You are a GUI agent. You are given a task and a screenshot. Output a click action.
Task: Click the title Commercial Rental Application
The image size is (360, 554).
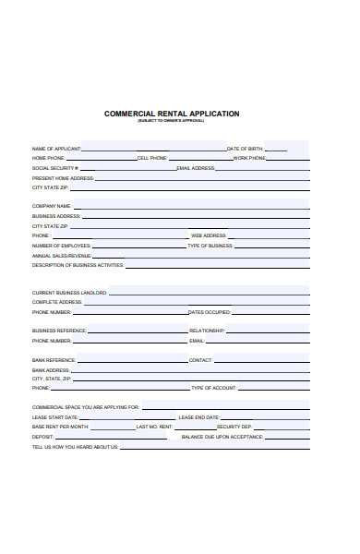click(x=172, y=114)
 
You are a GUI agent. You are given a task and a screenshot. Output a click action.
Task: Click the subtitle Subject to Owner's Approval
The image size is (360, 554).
click(x=172, y=121)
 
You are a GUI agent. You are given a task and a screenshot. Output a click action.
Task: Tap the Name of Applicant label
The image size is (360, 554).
click(x=56, y=149)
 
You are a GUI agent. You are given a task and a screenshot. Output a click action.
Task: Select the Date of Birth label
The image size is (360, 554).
click(x=245, y=149)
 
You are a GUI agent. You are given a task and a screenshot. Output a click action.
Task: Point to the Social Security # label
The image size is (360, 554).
click(x=55, y=168)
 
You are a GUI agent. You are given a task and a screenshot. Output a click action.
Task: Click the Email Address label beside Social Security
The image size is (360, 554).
click(x=196, y=168)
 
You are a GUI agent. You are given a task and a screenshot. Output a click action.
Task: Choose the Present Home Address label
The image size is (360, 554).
click(x=63, y=178)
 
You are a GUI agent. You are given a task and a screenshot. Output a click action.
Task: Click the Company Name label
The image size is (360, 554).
click(x=52, y=206)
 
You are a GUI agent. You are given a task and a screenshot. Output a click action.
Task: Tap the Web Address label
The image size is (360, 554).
click(x=209, y=235)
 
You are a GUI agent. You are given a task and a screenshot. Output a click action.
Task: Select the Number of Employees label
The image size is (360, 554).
click(x=61, y=246)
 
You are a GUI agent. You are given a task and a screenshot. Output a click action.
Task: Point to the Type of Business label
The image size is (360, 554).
click(x=210, y=246)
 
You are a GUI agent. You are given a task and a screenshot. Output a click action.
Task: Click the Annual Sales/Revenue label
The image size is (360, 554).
click(x=62, y=256)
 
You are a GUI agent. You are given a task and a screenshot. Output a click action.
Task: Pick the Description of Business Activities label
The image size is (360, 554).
click(x=78, y=265)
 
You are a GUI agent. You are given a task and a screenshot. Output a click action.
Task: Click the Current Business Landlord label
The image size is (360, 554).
click(x=69, y=293)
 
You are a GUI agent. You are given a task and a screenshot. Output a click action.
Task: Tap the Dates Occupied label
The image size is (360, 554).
click(x=210, y=312)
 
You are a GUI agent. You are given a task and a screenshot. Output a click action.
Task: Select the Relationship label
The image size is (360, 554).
click(x=207, y=331)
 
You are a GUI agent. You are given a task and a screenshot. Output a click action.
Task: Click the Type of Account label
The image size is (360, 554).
click(x=213, y=388)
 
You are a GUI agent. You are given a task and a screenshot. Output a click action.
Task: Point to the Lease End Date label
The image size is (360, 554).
click(x=198, y=417)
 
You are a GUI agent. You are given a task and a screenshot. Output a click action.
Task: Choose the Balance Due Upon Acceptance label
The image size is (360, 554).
click(x=222, y=437)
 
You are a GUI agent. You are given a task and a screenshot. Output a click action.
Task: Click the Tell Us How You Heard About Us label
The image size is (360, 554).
click(x=75, y=447)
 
